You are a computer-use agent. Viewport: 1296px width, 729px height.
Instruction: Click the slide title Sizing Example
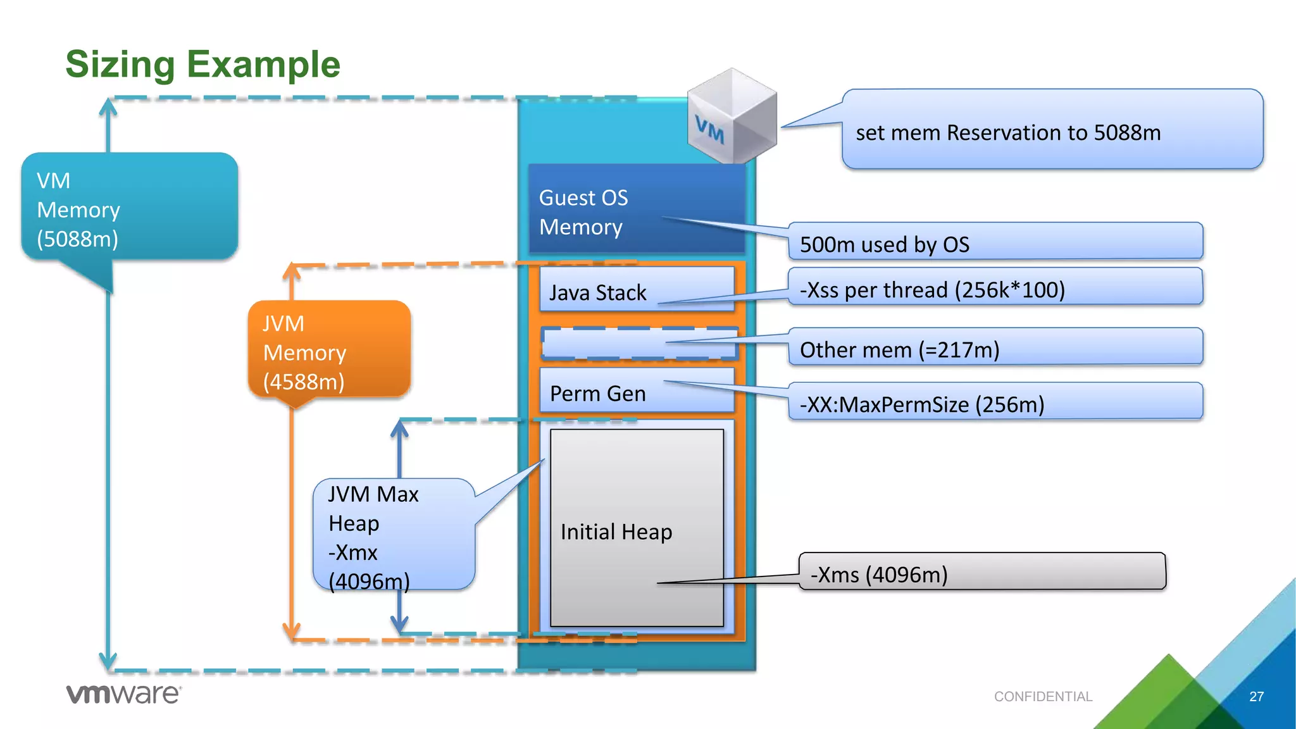click(202, 65)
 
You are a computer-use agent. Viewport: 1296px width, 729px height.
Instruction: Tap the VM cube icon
click(732, 116)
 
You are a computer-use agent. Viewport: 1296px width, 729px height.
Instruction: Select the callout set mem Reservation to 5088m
click(1052, 130)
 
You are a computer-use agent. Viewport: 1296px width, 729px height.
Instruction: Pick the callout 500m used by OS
click(995, 242)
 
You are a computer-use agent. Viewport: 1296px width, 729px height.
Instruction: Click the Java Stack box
click(636, 290)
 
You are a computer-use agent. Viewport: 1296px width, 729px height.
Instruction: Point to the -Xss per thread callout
click(995, 288)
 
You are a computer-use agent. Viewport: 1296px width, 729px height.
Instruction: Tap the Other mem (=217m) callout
click(995, 347)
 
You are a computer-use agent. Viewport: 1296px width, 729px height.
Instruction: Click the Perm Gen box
click(636, 392)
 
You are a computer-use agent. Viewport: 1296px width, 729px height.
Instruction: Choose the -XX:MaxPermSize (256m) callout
click(995, 402)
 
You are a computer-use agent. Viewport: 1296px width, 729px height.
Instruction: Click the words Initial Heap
click(616, 532)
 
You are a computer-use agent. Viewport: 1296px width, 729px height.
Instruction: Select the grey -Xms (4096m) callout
click(981, 573)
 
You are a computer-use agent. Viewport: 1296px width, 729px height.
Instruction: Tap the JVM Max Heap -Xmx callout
click(393, 535)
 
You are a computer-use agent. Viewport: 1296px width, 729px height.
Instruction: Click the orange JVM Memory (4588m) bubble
click(329, 351)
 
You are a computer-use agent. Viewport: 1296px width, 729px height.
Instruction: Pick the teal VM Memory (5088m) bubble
click(129, 208)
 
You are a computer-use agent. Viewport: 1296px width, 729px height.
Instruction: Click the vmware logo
click(123, 694)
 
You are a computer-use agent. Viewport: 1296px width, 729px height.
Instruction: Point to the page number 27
click(1256, 697)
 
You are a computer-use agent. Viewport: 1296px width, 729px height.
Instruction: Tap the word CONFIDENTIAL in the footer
click(1043, 697)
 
